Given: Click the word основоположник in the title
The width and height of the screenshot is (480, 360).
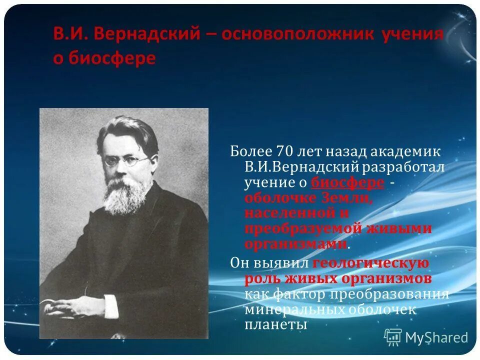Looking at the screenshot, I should tap(297, 34).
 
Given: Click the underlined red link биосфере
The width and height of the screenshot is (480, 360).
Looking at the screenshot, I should tap(347, 182).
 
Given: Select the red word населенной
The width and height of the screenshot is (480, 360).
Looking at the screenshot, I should tap(282, 213).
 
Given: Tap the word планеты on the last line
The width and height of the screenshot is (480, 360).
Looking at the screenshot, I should tap(275, 324).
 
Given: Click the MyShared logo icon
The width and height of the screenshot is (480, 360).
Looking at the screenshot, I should tap(393, 337).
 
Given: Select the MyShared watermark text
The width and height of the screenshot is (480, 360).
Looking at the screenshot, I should tap(436, 337).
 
